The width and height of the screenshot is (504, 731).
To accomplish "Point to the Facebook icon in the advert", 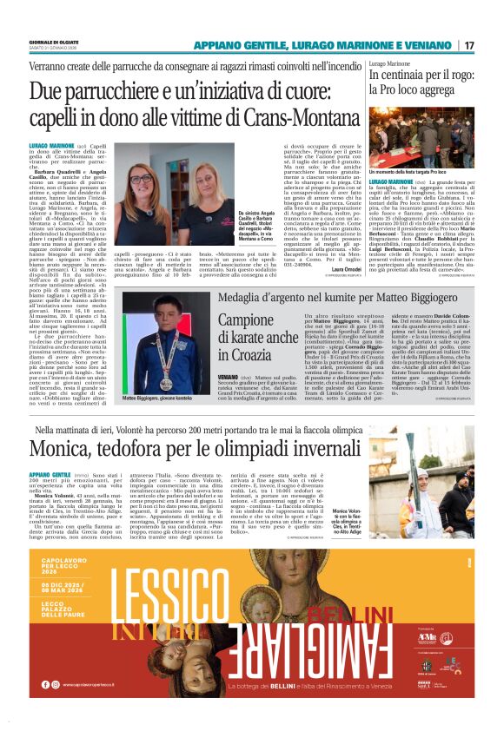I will pos(44,684).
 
